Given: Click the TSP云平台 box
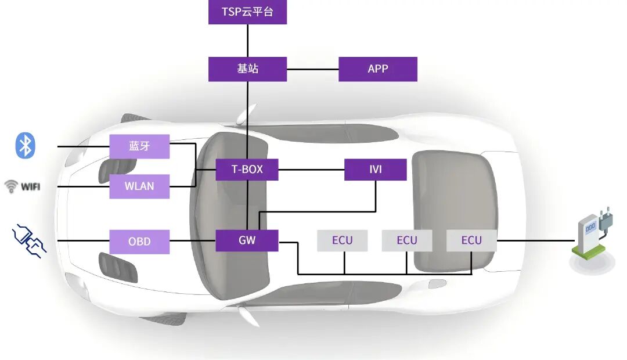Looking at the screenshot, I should coord(247,12).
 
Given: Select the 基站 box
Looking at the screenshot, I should coord(247,69).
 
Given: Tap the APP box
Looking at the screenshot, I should coord(377,69).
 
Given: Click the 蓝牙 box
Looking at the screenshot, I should coord(139,146).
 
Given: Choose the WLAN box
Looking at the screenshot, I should coord(139,186).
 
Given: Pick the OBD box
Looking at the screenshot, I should coord(139,242).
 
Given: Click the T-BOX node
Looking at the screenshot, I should coord(247,170).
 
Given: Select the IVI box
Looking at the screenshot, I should coord(375,170).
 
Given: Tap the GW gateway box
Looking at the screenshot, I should coord(247,240).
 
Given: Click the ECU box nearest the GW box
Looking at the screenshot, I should coord(342,240).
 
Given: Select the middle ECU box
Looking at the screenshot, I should coord(406,240).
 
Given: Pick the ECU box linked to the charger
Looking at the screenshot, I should coord(471,240).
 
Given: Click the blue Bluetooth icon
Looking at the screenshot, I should coord(25,145).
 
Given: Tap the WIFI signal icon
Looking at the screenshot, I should coord(22,186).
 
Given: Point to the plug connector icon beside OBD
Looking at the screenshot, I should coord(29,242).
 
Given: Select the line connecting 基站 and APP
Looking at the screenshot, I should coord(312,69).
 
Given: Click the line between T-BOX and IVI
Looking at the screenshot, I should coord(311,170).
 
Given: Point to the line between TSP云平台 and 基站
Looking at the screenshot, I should coord(248,41).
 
